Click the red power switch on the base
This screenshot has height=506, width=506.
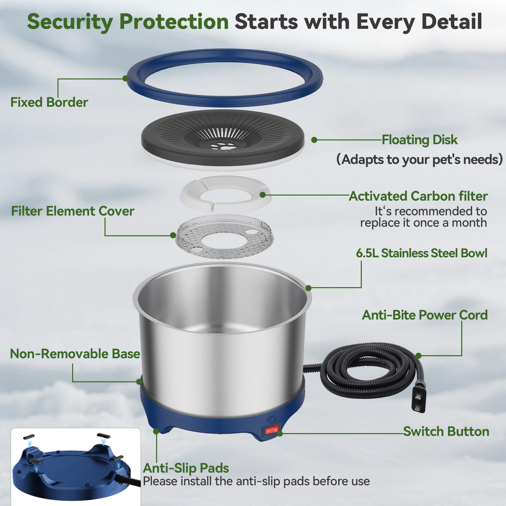coord(272,430)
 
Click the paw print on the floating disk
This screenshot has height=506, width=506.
coord(223,146)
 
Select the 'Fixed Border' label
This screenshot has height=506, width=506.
coord(49,102)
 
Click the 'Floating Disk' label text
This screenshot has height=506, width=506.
coord(419,140)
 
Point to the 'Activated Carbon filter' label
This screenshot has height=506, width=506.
coord(418,196)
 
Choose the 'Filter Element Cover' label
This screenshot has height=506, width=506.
coord(72,211)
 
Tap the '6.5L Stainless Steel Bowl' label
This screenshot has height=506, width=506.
coord(421,253)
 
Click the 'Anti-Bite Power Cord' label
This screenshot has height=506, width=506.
coord(425,315)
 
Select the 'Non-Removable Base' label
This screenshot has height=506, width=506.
coord(75,354)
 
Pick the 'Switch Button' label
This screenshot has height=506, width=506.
coord(446,432)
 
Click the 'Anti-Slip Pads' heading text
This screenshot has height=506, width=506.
coord(186,468)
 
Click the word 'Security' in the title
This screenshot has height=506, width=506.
coord(70,22)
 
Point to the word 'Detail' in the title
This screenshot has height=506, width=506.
coord(452,21)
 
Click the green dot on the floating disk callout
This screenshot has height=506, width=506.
coord(314,140)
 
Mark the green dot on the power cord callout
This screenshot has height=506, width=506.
coord(418,356)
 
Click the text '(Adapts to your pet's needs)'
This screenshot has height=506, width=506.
coord(419,159)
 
